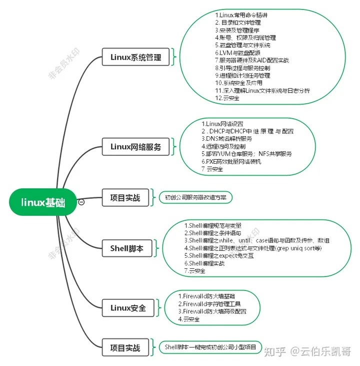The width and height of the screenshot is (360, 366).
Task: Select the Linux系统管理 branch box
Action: pyautogui.click(x=135, y=58)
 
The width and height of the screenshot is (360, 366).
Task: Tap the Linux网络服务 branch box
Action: pyautogui.click(x=135, y=147)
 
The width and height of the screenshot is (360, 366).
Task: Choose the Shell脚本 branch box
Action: pyautogui.click(x=127, y=248)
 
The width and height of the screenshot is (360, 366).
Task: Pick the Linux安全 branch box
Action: pyautogui.click(x=128, y=307)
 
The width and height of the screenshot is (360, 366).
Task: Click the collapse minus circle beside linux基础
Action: pyautogui.click(x=81, y=202)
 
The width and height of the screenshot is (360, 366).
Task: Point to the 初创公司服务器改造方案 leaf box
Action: pyautogui.click(x=195, y=197)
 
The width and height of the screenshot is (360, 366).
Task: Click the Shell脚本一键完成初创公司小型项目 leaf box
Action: pyautogui.click(x=210, y=347)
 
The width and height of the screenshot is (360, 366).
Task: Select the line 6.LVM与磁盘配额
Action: pyautogui.click(x=237, y=53)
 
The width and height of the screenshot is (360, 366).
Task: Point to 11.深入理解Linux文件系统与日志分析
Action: pyautogui.click(x=262, y=91)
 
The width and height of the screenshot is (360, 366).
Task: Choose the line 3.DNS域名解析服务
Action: pyautogui.click(x=226, y=138)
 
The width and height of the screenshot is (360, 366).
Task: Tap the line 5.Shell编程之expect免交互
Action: pyautogui.click(x=219, y=255)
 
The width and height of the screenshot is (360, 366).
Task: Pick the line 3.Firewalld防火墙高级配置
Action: pyautogui.click(x=212, y=311)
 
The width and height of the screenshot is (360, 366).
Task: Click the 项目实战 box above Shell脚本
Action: pyautogui.click(x=125, y=197)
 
